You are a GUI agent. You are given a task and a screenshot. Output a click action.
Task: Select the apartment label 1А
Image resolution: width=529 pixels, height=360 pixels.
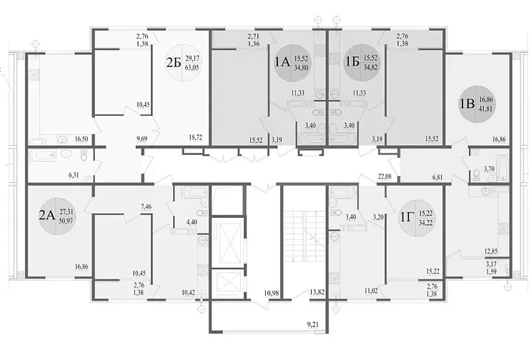coord(282,61)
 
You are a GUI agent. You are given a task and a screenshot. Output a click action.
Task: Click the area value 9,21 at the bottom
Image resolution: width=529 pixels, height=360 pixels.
coord(314,326)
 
